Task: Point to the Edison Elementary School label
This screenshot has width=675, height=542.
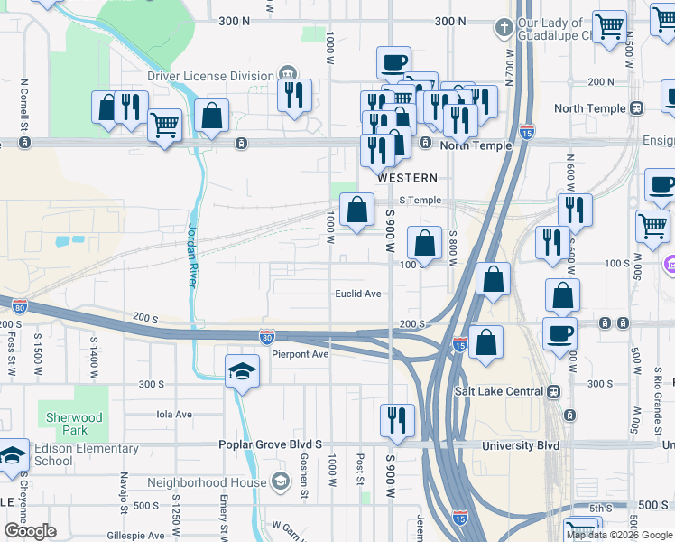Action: (x=87, y=454)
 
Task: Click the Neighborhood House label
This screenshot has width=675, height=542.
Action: (x=207, y=482)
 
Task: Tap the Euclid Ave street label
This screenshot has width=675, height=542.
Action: (x=358, y=294)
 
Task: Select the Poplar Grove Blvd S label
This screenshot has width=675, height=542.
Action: (x=271, y=445)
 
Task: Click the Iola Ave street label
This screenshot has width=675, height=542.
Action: (x=175, y=415)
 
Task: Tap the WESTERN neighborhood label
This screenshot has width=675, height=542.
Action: (x=407, y=178)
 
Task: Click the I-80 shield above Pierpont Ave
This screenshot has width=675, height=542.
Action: (x=266, y=336)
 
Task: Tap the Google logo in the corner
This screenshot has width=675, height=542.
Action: (x=30, y=531)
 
